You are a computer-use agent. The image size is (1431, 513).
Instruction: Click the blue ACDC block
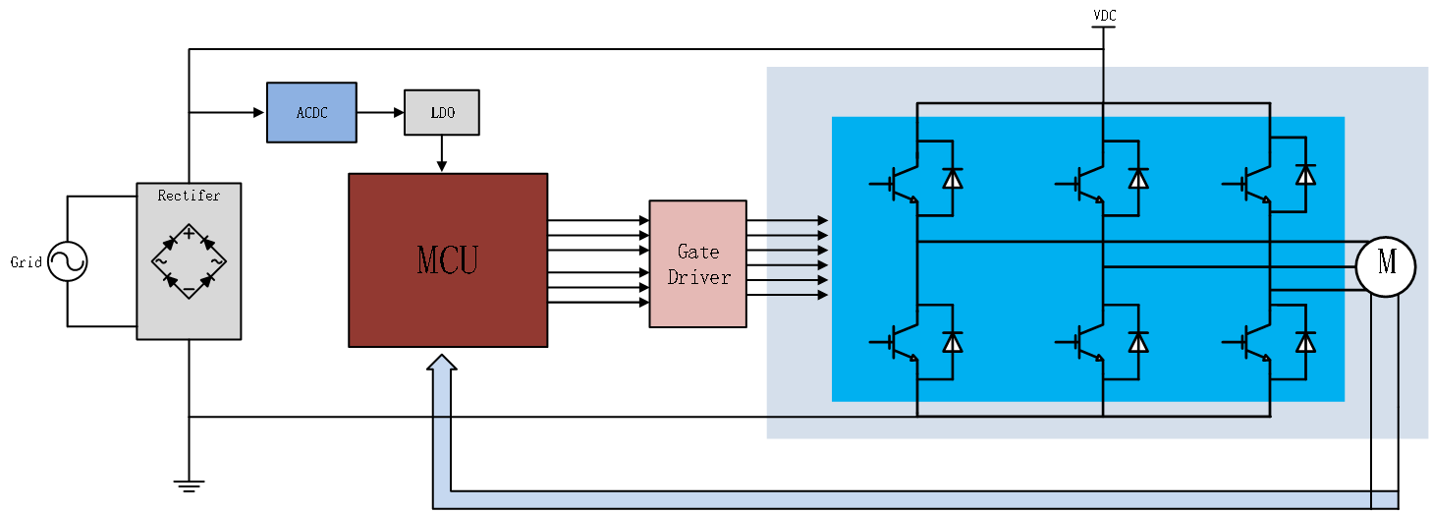311,112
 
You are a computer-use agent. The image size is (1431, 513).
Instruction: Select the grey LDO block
442,112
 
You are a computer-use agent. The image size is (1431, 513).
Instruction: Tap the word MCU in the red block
447,260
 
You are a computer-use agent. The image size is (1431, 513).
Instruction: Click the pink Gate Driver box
697,263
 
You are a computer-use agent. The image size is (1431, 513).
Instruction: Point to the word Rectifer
189,196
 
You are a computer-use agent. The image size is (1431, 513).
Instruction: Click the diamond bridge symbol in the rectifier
189,260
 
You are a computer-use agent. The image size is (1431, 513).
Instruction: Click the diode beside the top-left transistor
952,178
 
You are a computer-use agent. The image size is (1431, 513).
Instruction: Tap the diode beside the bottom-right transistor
1305,341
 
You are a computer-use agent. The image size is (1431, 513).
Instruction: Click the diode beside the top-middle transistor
1138,178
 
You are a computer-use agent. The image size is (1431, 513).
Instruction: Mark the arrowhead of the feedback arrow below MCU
442,363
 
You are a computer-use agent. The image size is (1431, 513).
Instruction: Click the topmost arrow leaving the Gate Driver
797,221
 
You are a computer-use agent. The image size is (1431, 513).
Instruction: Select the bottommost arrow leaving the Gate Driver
797,295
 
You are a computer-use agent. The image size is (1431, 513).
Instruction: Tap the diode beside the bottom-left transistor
952,341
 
